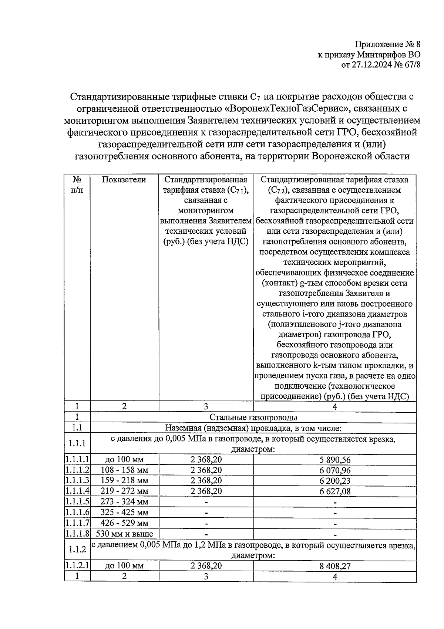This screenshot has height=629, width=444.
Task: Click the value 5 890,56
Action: coord(335,460)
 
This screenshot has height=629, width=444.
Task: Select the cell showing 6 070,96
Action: coord(335,470)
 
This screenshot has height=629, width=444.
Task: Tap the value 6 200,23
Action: coord(335,481)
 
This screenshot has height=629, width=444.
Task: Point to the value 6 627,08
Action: coord(335,491)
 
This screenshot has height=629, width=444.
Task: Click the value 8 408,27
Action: coord(335,566)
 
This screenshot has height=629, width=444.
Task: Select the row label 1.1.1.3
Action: coord(77,481)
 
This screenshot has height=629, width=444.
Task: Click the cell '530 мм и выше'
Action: coord(124,534)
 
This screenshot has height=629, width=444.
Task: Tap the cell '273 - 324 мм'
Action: coord(124,502)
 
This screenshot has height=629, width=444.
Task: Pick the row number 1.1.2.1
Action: coord(77,566)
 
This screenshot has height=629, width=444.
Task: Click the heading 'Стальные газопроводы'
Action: coord(253,417)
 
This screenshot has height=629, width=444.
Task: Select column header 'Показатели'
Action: coord(124,180)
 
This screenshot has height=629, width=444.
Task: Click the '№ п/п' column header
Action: coord(77,185)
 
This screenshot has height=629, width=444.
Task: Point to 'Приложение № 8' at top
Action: coord(387,45)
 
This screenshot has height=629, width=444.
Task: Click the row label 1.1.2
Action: coord(77,549)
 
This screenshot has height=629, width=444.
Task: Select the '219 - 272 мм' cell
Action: coord(124,491)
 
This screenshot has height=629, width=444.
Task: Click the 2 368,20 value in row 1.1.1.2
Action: coord(206,470)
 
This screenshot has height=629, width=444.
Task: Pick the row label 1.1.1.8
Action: coord(77,534)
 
